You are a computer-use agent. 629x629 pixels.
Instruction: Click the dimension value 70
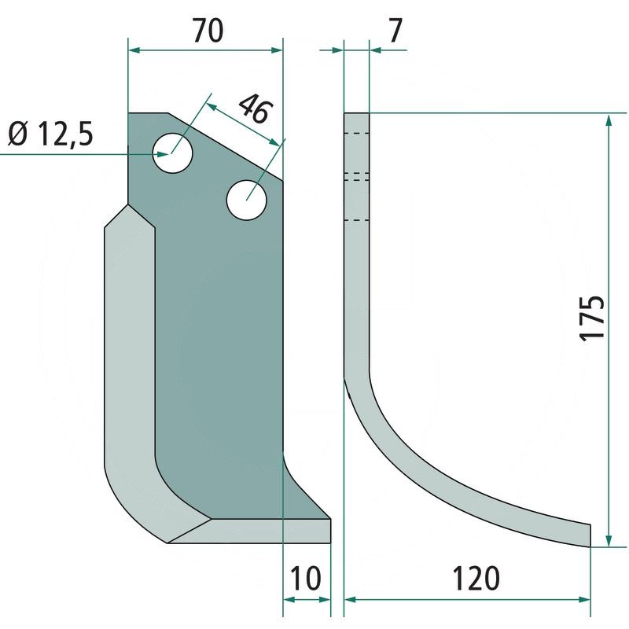pyautogui.click(x=208, y=31)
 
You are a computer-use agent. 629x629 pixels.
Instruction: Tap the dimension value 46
pyautogui.click(x=256, y=109)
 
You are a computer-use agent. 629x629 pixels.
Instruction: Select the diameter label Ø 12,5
pyautogui.click(x=50, y=134)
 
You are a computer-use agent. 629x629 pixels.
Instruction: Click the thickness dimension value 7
pyautogui.click(x=395, y=31)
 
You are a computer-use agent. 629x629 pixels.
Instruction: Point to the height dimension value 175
pyautogui.click(x=593, y=318)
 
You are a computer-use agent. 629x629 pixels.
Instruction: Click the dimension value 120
pyautogui.click(x=476, y=579)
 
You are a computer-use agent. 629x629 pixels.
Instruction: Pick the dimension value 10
pyautogui.click(x=306, y=579)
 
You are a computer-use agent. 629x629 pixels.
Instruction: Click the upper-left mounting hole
pyautogui.click(x=173, y=153)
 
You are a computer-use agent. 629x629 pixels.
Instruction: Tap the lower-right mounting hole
pyautogui.click(x=247, y=200)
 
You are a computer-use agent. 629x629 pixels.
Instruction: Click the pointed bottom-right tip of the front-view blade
pyautogui.click(x=330, y=519)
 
